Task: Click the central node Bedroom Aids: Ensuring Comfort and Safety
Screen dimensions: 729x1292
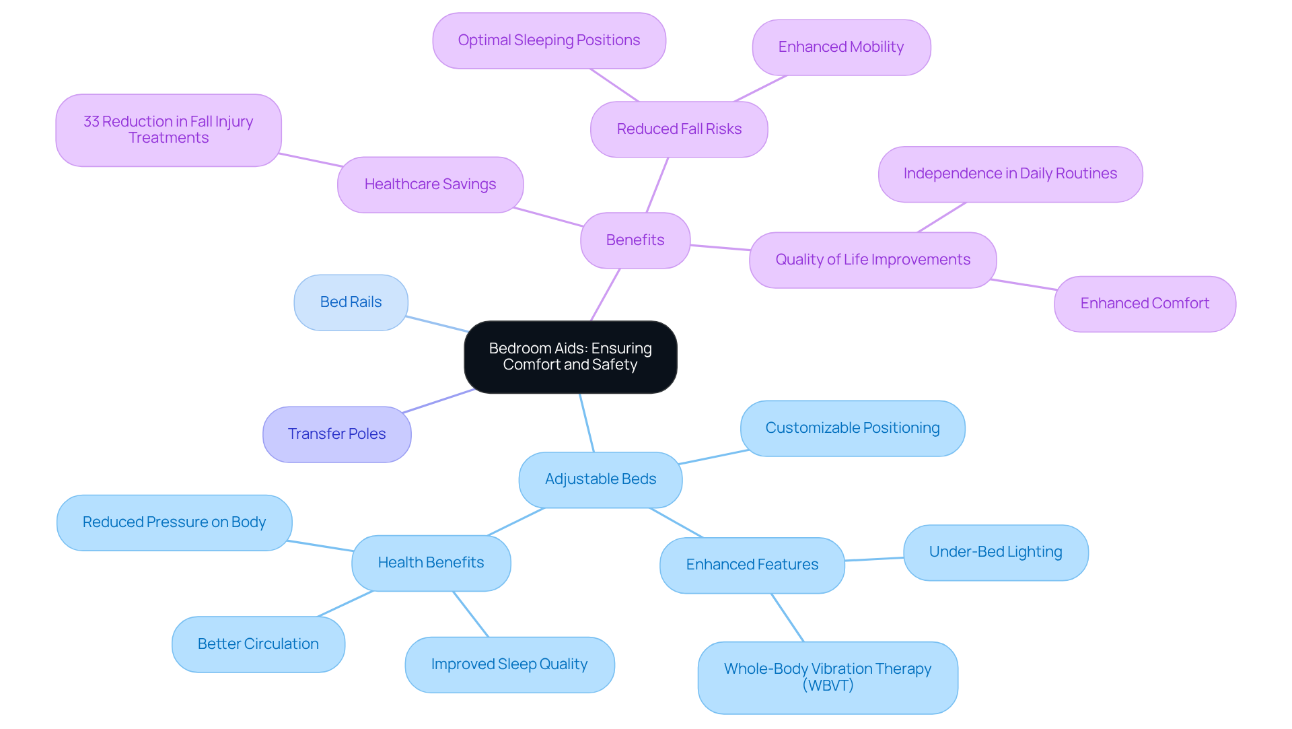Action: (570, 357)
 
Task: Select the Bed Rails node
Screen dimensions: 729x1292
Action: (351, 302)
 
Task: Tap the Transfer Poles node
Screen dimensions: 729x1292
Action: (336, 434)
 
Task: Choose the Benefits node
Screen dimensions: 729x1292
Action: (635, 240)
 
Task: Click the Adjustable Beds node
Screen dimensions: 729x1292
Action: (600, 479)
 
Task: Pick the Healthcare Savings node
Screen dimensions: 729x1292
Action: (430, 184)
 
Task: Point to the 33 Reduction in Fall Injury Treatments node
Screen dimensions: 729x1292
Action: (168, 130)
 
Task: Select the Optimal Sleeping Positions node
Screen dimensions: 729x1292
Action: (548, 40)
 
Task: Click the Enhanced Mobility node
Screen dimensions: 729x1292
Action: (840, 47)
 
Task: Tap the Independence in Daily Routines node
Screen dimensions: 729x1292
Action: (1009, 174)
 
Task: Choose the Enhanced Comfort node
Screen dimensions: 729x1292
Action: (1144, 304)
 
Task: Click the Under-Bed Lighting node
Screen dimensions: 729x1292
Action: (995, 552)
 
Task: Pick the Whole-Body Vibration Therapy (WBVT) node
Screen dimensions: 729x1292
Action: (827, 677)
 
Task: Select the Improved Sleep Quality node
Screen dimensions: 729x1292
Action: (509, 664)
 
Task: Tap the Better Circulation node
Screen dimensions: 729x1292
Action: (258, 644)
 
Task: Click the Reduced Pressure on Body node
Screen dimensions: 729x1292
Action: (174, 522)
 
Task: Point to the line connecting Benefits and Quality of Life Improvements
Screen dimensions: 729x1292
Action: (720, 248)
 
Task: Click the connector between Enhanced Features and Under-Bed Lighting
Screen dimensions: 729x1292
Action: (874, 559)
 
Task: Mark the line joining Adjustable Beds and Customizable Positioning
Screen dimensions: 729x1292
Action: (713, 457)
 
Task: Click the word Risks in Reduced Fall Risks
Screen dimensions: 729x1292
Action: (723, 129)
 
